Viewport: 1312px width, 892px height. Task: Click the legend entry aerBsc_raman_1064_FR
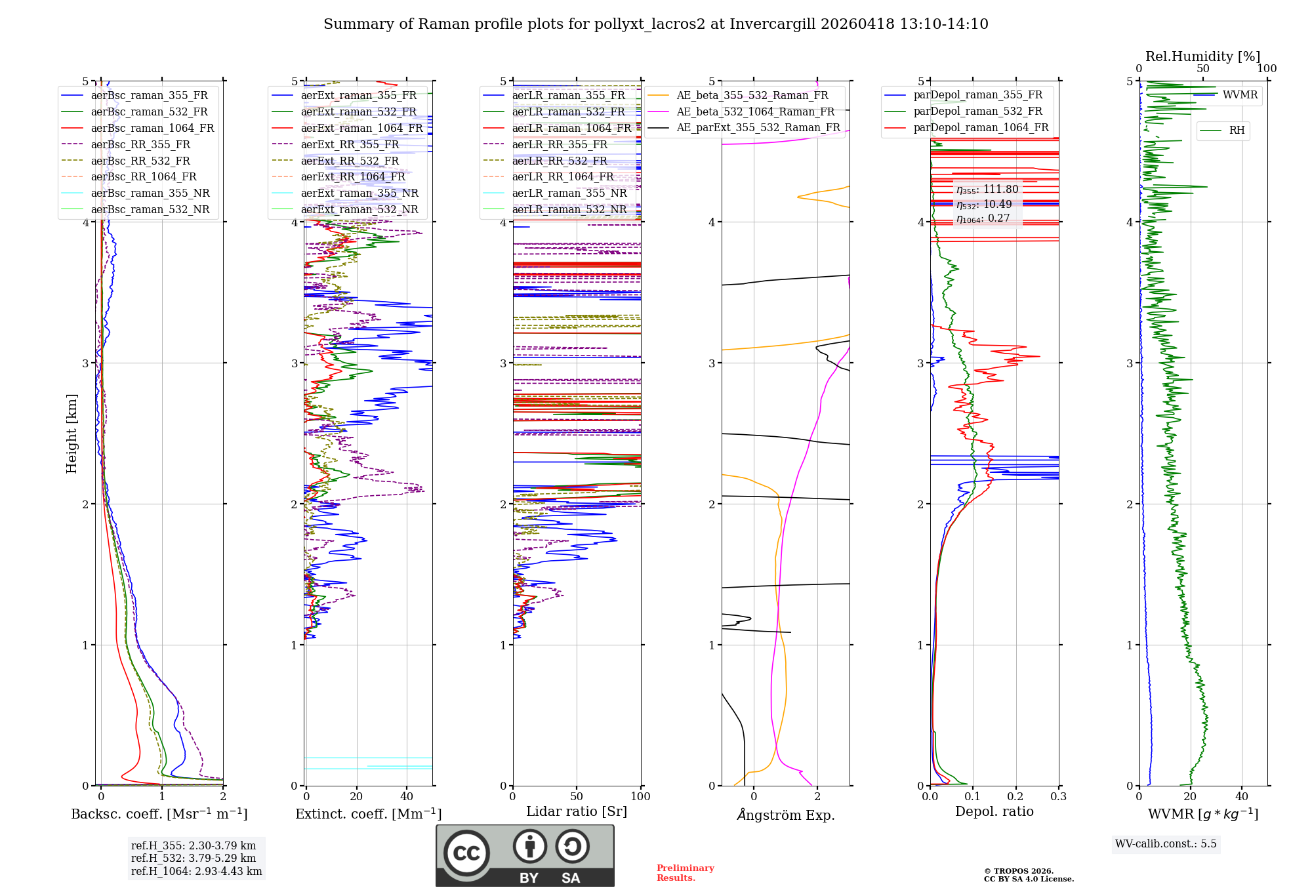click(152, 128)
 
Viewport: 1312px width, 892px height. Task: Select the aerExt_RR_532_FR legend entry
click(350, 161)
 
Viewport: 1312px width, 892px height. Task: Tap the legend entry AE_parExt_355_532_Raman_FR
click(758, 127)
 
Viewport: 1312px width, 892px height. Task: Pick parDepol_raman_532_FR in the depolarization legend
click(977, 111)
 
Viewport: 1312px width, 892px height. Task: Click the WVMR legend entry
click(1240, 94)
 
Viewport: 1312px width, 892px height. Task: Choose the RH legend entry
click(1237, 130)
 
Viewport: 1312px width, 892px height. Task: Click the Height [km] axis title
click(72, 433)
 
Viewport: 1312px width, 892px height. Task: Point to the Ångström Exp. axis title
click(785, 815)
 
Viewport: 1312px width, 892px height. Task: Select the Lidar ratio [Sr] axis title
click(576, 811)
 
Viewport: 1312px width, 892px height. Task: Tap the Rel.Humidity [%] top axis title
click(1202, 56)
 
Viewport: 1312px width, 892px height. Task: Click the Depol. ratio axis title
click(994, 811)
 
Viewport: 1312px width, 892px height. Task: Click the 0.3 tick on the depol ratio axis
click(1058, 796)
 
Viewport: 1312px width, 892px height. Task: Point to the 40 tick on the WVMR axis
click(1241, 796)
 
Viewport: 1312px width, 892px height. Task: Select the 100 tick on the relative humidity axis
click(1266, 68)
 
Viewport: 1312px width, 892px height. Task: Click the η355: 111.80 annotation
click(987, 190)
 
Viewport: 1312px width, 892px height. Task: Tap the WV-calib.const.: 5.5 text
click(1165, 843)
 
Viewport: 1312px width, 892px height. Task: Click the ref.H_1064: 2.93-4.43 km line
click(196, 871)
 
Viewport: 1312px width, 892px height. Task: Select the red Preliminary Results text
click(685, 872)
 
